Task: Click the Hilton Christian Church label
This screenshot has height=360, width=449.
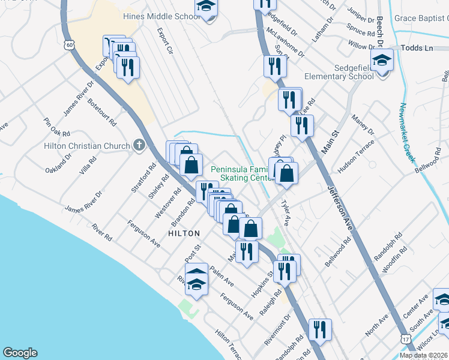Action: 87,146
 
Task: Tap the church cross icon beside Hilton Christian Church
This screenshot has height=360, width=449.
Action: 139,145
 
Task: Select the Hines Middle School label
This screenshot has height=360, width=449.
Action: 161,17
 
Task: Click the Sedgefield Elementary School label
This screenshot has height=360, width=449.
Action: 339,71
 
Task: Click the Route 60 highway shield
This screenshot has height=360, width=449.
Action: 70,44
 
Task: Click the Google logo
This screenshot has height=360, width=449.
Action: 20,353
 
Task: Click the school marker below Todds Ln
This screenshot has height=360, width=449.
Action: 381,62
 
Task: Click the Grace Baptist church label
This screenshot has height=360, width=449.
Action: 421,18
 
